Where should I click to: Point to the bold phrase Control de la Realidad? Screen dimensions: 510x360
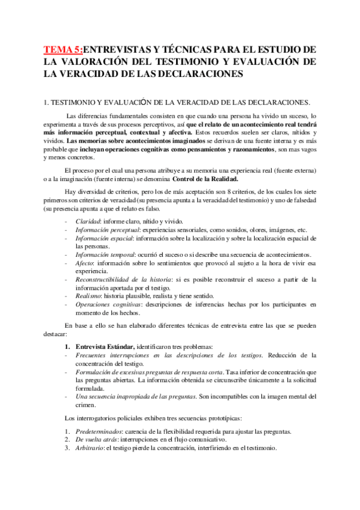[x=205, y=178]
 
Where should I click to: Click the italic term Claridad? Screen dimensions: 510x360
[x=88, y=221]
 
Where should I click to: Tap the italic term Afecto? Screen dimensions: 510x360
[x=85, y=263]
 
